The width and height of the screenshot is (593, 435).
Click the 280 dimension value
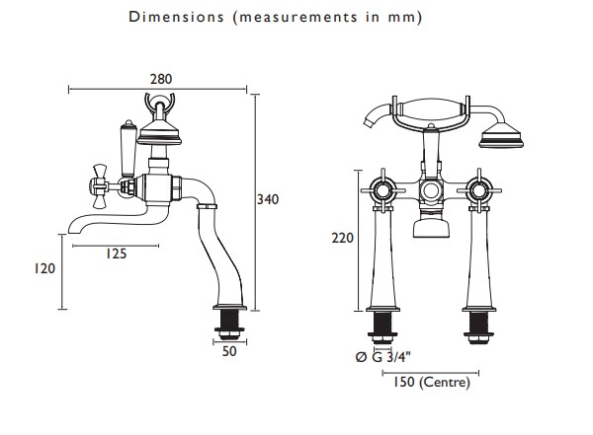pyautogui.click(x=161, y=79)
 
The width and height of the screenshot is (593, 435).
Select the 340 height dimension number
pyautogui.click(x=268, y=199)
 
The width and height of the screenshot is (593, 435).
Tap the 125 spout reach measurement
pyautogui.click(x=116, y=254)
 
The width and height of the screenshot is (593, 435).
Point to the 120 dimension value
pyautogui.click(x=44, y=269)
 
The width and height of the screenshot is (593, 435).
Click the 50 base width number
pyautogui.click(x=229, y=351)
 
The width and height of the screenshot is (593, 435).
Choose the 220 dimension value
pyautogui.click(x=342, y=239)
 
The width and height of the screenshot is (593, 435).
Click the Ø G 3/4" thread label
pyautogui.click(x=383, y=357)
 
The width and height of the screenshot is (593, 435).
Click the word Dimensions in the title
pyautogui.click(x=176, y=17)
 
